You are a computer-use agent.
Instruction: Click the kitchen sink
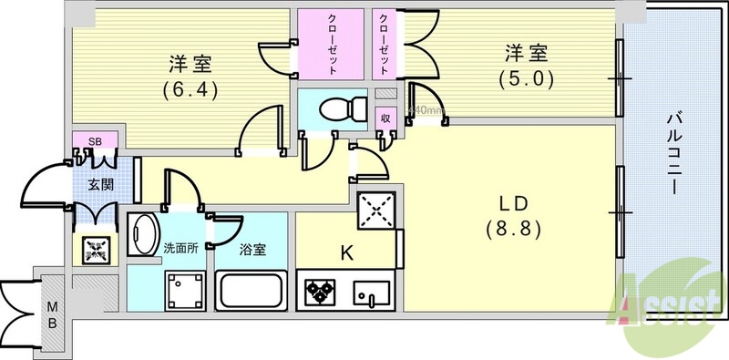tap(371, 293)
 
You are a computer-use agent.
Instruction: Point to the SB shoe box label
tap(94, 141)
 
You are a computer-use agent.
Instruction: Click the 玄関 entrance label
tap(100, 184)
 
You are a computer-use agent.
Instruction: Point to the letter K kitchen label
tap(347, 252)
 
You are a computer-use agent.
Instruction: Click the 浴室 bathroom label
tap(252, 247)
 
